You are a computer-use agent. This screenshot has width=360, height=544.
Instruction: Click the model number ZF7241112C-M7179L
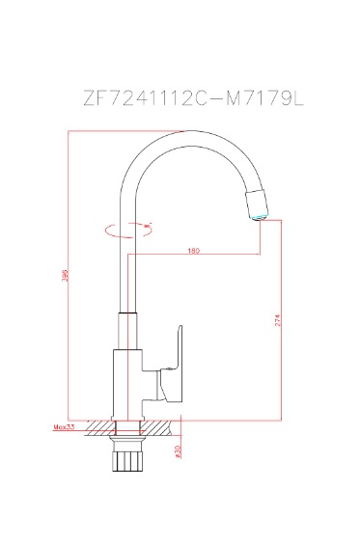180,99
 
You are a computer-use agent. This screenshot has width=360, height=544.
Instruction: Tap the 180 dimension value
193,252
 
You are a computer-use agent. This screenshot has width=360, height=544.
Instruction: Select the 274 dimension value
278,326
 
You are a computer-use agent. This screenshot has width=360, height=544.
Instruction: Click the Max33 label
65,424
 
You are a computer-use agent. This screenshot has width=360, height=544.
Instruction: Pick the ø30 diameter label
179,450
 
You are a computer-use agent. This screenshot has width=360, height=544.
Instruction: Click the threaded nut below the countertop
126,458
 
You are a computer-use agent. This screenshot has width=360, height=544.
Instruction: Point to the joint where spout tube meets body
126,314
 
